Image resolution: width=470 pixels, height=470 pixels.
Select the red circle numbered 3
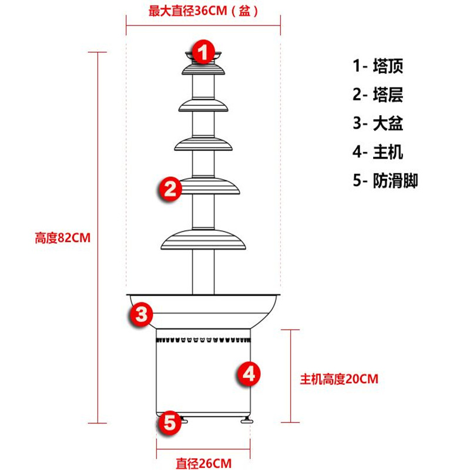tap(142, 314)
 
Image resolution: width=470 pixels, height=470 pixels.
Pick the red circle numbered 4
tap(249, 373)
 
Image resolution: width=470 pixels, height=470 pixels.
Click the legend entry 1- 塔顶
tap(378, 66)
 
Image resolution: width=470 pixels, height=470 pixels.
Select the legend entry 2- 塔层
tap(378, 94)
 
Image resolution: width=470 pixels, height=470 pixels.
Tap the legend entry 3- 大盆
tap(378, 123)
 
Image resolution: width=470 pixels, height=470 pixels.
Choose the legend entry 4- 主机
tap(378, 152)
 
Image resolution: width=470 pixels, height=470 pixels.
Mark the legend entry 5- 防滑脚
tap(385, 180)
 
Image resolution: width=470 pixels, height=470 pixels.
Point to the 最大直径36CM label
tap(203, 11)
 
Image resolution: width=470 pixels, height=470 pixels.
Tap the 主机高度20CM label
tap(339, 378)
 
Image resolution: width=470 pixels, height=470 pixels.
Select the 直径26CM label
tap(203, 462)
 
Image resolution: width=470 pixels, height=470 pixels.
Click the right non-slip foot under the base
tap(245, 419)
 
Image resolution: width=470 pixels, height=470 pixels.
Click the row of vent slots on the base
tap(203, 340)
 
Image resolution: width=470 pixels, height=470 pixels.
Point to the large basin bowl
tap(203, 308)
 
